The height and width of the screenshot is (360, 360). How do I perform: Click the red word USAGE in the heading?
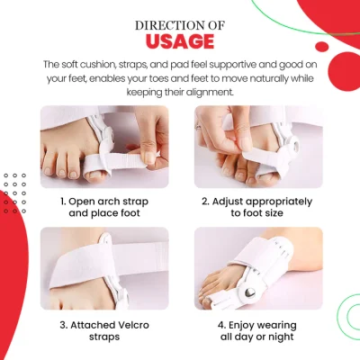(180, 41)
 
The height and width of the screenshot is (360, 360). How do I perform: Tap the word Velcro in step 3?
(132, 325)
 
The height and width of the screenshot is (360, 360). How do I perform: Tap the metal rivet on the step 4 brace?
(250, 292)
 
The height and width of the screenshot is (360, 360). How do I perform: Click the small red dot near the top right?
(322, 47)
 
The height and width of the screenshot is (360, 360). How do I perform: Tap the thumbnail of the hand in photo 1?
(149, 157)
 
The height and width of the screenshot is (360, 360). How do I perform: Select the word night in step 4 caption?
(281, 337)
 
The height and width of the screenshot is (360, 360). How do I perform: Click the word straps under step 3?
(104, 337)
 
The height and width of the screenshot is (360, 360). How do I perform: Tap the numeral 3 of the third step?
(63, 325)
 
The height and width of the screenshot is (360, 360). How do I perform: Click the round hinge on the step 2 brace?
(295, 145)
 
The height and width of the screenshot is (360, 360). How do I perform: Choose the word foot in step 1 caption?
(130, 213)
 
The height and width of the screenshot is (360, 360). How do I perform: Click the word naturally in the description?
(271, 78)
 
